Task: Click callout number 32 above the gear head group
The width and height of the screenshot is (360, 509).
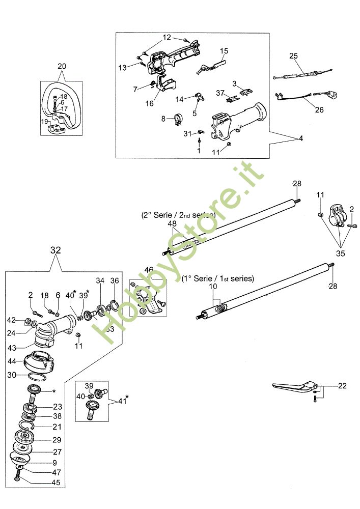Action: click(x=56, y=250)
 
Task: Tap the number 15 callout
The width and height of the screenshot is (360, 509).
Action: click(x=224, y=51)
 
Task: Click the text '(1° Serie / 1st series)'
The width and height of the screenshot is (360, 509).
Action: click(x=217, y=279)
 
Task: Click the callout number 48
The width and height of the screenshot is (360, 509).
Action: click(x=172, y=223)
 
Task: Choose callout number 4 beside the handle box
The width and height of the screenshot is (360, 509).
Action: click(x=301, y=138)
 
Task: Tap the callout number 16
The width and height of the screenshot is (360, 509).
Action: click(x=149, y=103)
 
